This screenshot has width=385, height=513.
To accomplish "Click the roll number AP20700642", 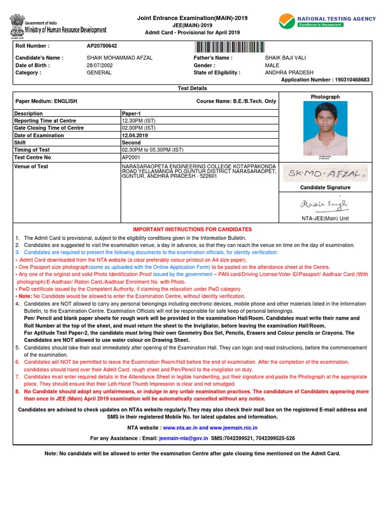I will coord(102,46).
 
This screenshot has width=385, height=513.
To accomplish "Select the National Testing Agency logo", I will coord(327,21).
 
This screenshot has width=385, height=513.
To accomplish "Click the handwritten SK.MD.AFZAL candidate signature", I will coord(325,174).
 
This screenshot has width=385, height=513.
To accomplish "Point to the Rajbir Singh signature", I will coord(324,204).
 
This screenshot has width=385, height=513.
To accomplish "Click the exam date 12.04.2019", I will coord(135,135).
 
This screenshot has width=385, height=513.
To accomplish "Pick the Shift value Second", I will coord(131,142).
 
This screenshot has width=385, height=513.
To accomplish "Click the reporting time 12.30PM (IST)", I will coord(139,121).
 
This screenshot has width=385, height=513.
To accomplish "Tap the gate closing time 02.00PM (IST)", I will coord(139,128).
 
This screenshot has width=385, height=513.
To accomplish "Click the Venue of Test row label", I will coord(31,166).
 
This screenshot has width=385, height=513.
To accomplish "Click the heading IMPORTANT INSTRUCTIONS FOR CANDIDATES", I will coord(192,229).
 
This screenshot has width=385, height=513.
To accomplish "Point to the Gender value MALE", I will coord(272,66).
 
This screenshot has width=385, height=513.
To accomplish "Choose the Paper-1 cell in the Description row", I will coord(131,114).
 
